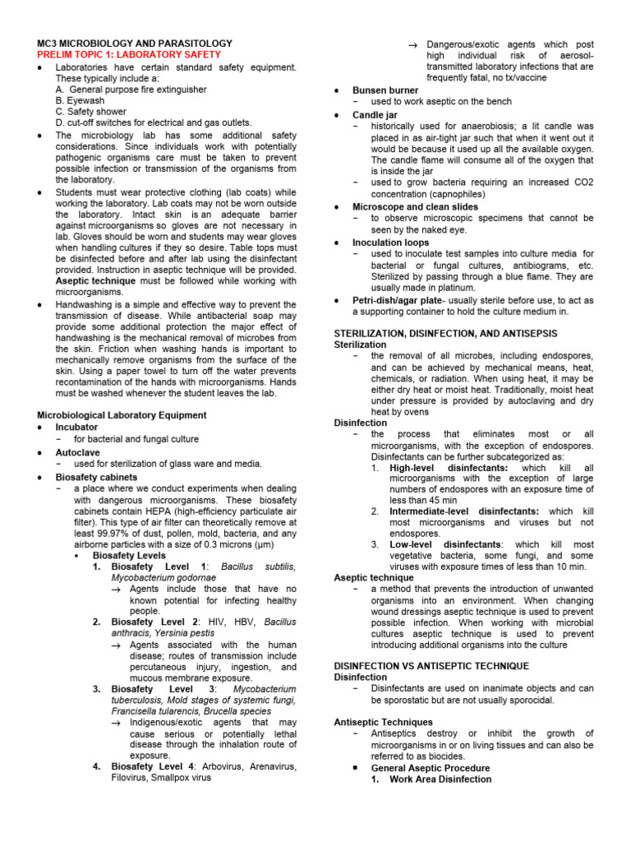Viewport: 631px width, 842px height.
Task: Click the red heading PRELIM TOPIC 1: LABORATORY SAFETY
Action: pyautogui.click(x=128, y=53)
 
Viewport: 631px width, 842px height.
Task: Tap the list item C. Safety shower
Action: pyautogui.click(x=91, y=112)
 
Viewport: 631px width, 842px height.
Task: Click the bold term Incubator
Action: pyautogui.click(x=76, y=428)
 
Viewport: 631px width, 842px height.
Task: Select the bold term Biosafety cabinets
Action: pyautogui.click(x=96, y=477)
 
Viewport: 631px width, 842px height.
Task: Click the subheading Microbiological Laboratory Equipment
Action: pyautogui.click(x=122, y=415)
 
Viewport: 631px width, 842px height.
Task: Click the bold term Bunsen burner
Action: pyautogui.click(x=385, y=90)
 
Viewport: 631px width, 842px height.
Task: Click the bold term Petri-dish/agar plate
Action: pyautogui.click(x=399, y=301)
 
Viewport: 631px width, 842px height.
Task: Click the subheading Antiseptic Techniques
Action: pyautogui.click(x=383, y=722)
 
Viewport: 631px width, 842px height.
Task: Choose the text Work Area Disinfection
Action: pyautogui.click(x=440, y=779)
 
